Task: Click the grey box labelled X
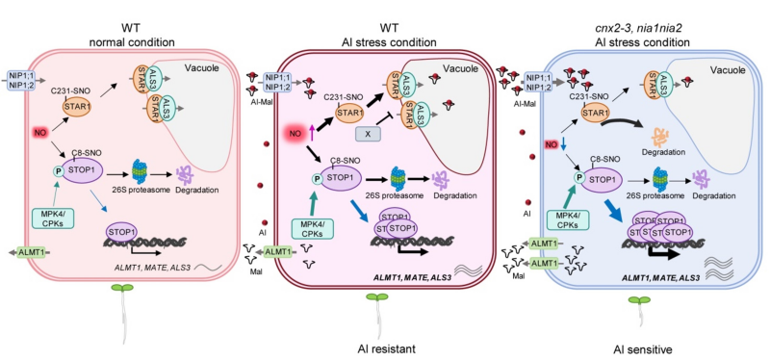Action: (x=367, y=133)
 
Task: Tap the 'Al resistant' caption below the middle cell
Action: (x=387, y=349)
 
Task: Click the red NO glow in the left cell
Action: (x=40, y=133)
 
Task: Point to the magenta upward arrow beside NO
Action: (x=312, y=132)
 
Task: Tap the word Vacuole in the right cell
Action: (x=730, y=69)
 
